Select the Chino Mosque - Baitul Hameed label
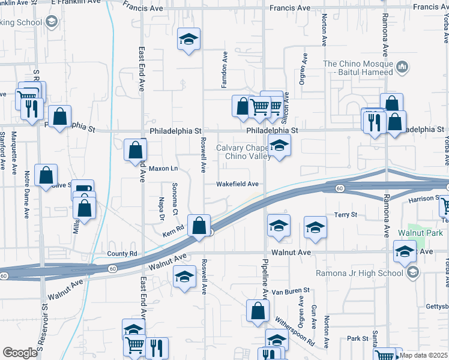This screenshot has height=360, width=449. tap(358, 65)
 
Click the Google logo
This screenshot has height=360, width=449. tap(20, 353)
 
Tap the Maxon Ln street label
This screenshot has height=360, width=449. tap(163, 169)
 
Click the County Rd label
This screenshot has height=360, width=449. tap(122, 254)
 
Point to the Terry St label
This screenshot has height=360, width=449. tap(346, 214)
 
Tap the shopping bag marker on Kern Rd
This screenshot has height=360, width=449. tap(199, 226)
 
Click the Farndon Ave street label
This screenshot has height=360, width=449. tap(225, 67)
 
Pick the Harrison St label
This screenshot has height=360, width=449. tap(424, 199)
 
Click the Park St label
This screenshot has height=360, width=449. tap(357, 338)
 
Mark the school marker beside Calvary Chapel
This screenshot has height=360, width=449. tap(279, 146)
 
